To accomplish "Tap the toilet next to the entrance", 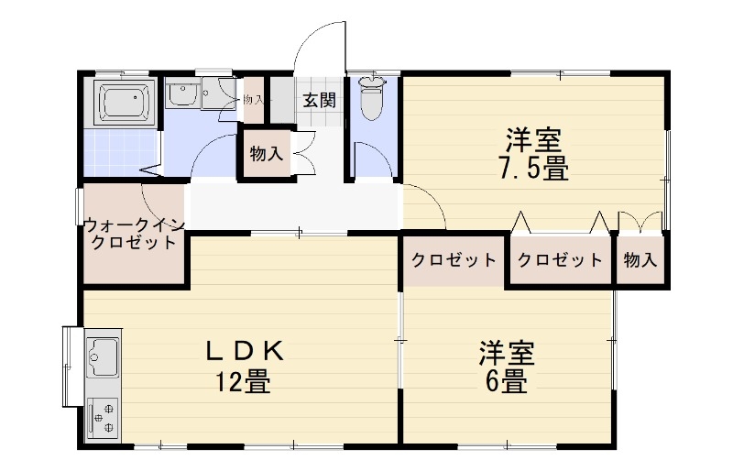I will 372,98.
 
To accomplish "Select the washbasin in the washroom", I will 181,94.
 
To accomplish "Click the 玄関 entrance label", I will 319,100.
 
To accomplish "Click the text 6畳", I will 506,381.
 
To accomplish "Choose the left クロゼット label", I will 454,259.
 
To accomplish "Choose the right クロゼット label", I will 561,259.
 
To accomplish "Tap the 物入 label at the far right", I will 640,259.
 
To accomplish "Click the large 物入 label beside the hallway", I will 266,154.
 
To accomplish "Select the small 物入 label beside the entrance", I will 253,99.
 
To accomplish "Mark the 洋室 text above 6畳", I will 506,352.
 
